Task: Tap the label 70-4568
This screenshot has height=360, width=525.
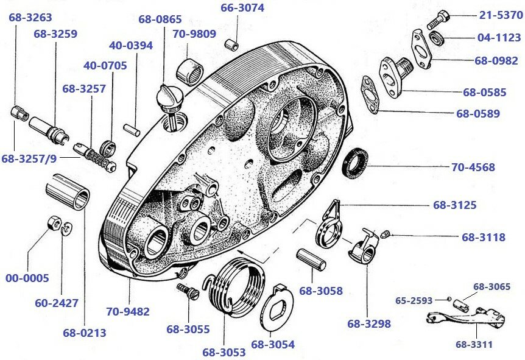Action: [473, 167]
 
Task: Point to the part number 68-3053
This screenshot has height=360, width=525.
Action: [224, 352]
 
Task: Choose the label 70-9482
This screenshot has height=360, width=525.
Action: [128, 312]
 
